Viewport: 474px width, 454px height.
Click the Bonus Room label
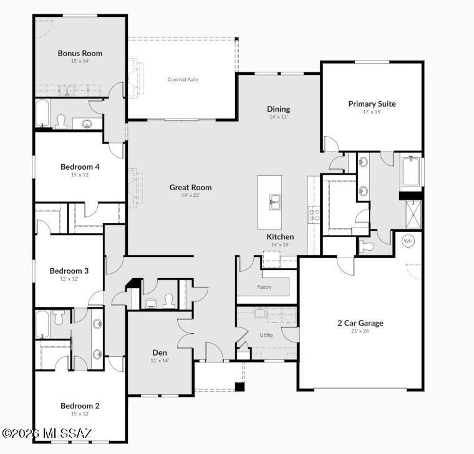(x=80, y=54)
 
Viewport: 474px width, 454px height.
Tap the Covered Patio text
(x=183, y=79)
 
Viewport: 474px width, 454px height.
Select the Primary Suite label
(x=372, y=104)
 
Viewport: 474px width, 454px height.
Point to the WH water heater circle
(x=408, y=241)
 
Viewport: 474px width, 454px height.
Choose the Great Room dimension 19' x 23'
(x=190, y=195)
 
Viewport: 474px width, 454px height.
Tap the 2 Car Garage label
(x=360, y=323)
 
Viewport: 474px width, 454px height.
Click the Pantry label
(x=264, y=287)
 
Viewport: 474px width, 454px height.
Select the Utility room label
(x=266, y=335)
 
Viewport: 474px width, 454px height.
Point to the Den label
(x=160, y=352)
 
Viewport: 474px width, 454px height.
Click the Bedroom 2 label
(x=80, y=406)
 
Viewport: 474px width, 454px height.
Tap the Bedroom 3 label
(x=69, y=271)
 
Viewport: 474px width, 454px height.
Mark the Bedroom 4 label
(x=80, y=167)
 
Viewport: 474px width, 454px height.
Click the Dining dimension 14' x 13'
(x=279, y=117)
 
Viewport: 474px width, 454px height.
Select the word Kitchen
(x=280, y=237)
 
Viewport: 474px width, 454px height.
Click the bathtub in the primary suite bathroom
(x=412, y=173)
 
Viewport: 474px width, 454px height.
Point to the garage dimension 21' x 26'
(x=360, y=331)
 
